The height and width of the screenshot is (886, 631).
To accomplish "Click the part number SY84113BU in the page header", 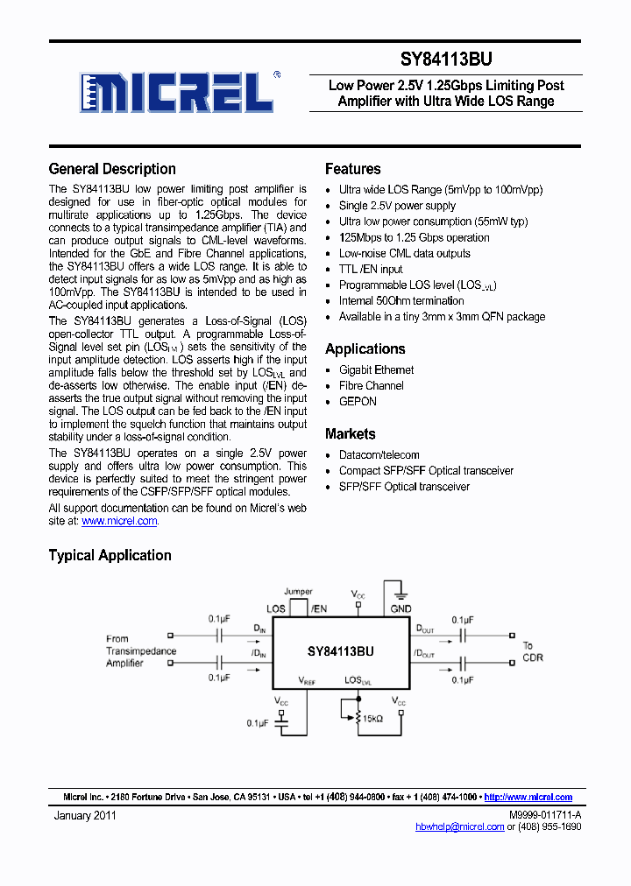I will click(446, 60).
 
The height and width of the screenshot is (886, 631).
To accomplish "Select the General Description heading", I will click(112, 169).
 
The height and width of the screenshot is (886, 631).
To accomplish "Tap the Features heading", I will click(352, 169).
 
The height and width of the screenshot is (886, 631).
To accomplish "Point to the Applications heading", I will click(365, 348).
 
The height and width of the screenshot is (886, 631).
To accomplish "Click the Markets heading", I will click(350, 433).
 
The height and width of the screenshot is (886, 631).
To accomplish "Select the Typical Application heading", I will click(110, 555).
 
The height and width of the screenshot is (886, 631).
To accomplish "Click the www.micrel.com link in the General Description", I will click(119, 521).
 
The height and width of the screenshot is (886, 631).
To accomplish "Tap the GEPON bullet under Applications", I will click(358, 401).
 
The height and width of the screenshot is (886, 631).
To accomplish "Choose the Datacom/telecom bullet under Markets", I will click(379, 454).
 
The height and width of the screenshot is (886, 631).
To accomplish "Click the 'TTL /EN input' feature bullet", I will click(371, 269).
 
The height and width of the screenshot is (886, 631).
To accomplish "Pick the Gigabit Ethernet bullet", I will click(376, 369).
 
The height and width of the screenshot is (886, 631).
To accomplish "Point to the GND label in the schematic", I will click(401, 608).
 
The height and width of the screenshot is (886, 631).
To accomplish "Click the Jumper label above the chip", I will click(298, 592).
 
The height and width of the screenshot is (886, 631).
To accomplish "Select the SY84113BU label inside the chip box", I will click(340, 650).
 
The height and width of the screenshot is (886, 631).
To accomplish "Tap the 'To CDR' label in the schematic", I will click(533, 651).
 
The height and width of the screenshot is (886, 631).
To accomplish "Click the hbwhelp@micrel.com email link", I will click(460, 826).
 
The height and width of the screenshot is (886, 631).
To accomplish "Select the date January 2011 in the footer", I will click(84, 815).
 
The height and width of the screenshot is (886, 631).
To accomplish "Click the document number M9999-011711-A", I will click(544, 815).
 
